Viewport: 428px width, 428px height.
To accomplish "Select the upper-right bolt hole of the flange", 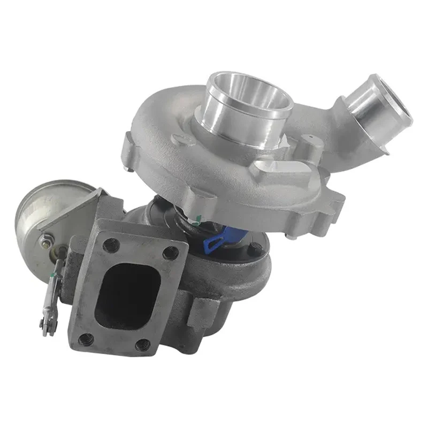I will [x=171, y=252].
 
